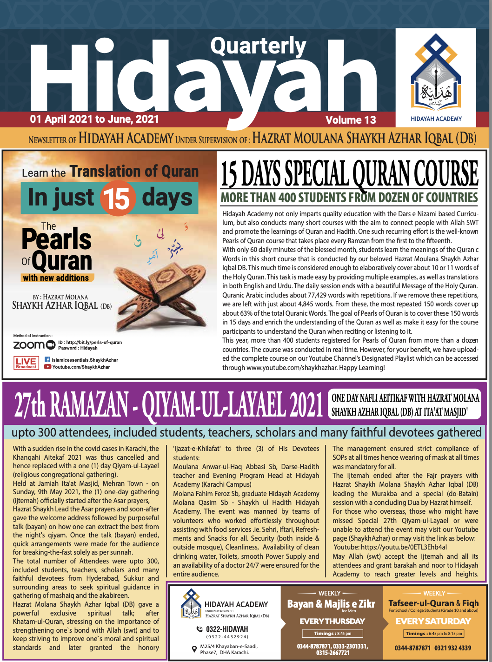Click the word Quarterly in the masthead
(x=258, y=46)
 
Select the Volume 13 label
(x=351, y=120)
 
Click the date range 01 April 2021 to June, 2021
(x=94, y=119)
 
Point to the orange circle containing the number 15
(x=118, y=199)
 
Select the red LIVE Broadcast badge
(x=26, y=363)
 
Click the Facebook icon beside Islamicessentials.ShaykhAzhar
(x=47, y=359)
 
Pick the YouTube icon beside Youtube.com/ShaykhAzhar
(x=47, y=367)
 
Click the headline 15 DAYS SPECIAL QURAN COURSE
(x=349, y=173)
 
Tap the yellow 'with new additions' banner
(x=57, y=278)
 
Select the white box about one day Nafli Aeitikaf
(x=405, y=404)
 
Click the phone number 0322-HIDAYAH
(x=227, y=629)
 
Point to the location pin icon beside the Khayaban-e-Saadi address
(x=194, y=649)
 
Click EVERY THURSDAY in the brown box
(x=332, y=621)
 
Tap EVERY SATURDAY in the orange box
(x=433, y=621)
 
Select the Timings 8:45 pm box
(x=332, y=633)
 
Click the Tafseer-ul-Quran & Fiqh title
(x=433, y=603)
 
